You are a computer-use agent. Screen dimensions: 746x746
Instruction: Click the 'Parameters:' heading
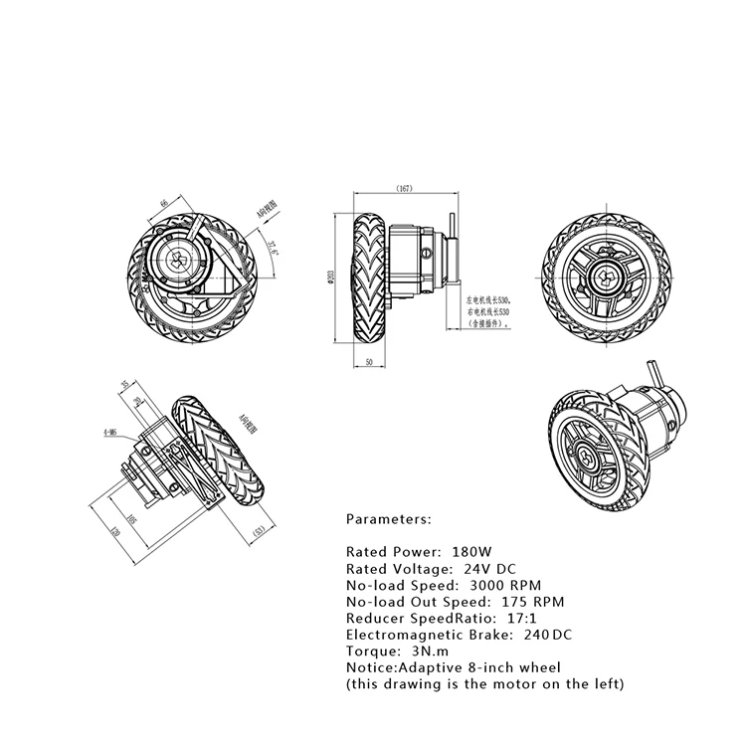[x=389, y=519]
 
